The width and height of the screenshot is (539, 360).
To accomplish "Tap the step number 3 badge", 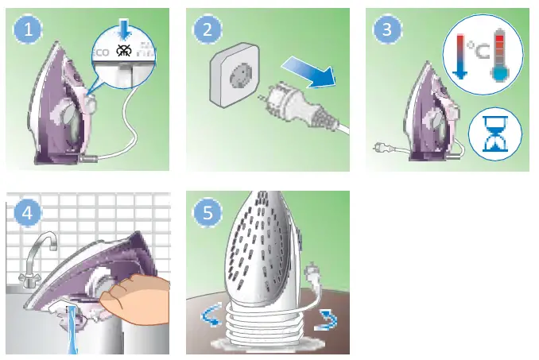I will [x=386, y=31].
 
